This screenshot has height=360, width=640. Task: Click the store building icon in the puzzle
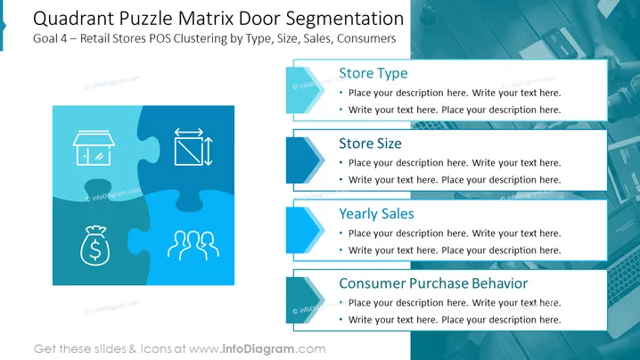pyautogui.click(x=94, y=148)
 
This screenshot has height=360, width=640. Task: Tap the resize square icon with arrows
pyautogui.click(x=193, y=147)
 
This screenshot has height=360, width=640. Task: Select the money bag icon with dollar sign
pyautogui.click(x=95, y=246)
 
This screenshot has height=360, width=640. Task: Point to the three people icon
pyautogui.click(x=193, y=245)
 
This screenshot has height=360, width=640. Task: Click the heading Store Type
pyautogui.click(x=373, y=73)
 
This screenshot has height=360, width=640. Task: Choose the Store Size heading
pyautogui.click(x=370, y=143)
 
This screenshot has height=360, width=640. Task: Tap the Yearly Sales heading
pyautogui.click(x=376, y=214)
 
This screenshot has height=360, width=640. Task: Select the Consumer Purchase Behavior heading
pyautogui.click(x=433, y=283)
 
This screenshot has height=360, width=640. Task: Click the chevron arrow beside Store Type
pyautogui.click(x=305, y=90)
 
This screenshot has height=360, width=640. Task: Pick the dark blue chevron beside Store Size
pyautogui.click(x=305, y=160)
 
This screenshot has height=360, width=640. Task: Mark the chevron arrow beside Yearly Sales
pyautogui.click(x=305, y=230)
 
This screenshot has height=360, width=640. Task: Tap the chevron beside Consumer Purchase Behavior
pyautogui.click(x=305, y=300)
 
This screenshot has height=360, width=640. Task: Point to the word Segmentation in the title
pyautogui.click(x=344, y=19)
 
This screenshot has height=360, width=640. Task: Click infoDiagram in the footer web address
pyautogui.click(x=258, y=349)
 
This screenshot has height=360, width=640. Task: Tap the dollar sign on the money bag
pyautogui.click(x=95, y=250)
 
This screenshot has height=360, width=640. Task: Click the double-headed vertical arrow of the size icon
pyautogui.click(x=209, y=151)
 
